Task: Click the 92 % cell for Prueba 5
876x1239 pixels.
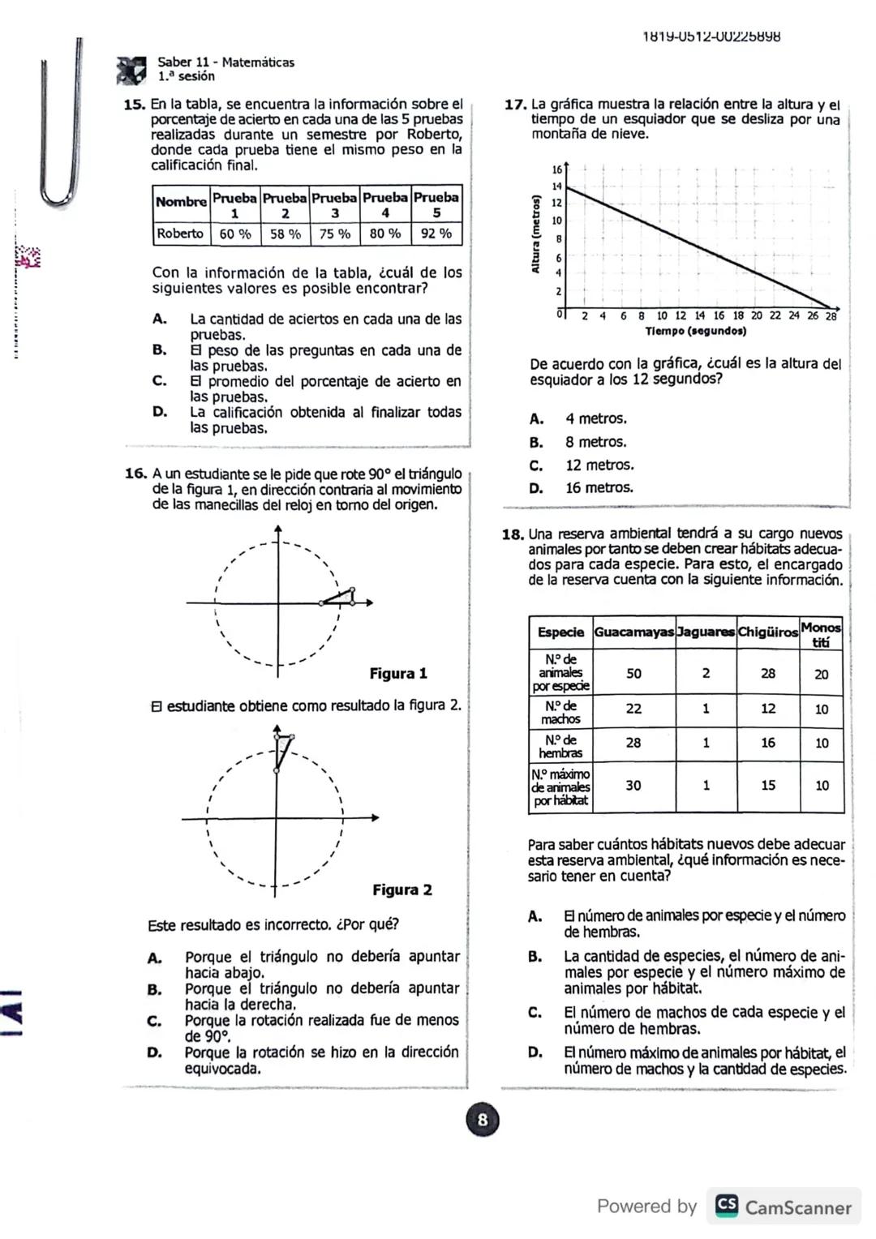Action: pyautogui.click(x=436, y=234)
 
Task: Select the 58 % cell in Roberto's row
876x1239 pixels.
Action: pyautogui.click(x=285, y=234)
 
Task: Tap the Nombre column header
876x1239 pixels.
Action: pyautogui.click(x=181, y=202)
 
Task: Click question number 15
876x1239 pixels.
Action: pyautogui.click(x=134, y=105)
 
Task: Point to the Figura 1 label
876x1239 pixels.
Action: pyautogui.click(x=397, y=674)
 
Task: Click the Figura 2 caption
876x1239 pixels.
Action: pyautogui.click(x=401, y=890)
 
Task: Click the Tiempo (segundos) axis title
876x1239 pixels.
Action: pyautogui.click(x=695, y=332)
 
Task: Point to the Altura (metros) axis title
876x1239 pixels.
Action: pyautogui.click(x=535, y=234)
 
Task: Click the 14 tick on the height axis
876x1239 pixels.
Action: pyautogui.click(x=557, y=186)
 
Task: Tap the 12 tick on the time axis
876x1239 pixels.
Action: pyautogui.click(x=681, y=316)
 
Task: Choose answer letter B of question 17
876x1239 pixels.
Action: pyautogui.click(x=536, y=443)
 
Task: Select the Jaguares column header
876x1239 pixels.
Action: pyautogui.click(x=706, y=632)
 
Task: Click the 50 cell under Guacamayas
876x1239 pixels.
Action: pyautogui.click(x=633, y=674)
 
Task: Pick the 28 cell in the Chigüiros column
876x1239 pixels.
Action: pyautogui.click(x=767, y=674)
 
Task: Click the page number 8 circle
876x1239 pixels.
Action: pyautogui.click(x=483, y=1121)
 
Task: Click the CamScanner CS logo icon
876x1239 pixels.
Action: pyautogui.click(x=727, y=1207)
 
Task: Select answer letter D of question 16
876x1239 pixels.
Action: pyautogui.click(x=154, y=1053)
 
